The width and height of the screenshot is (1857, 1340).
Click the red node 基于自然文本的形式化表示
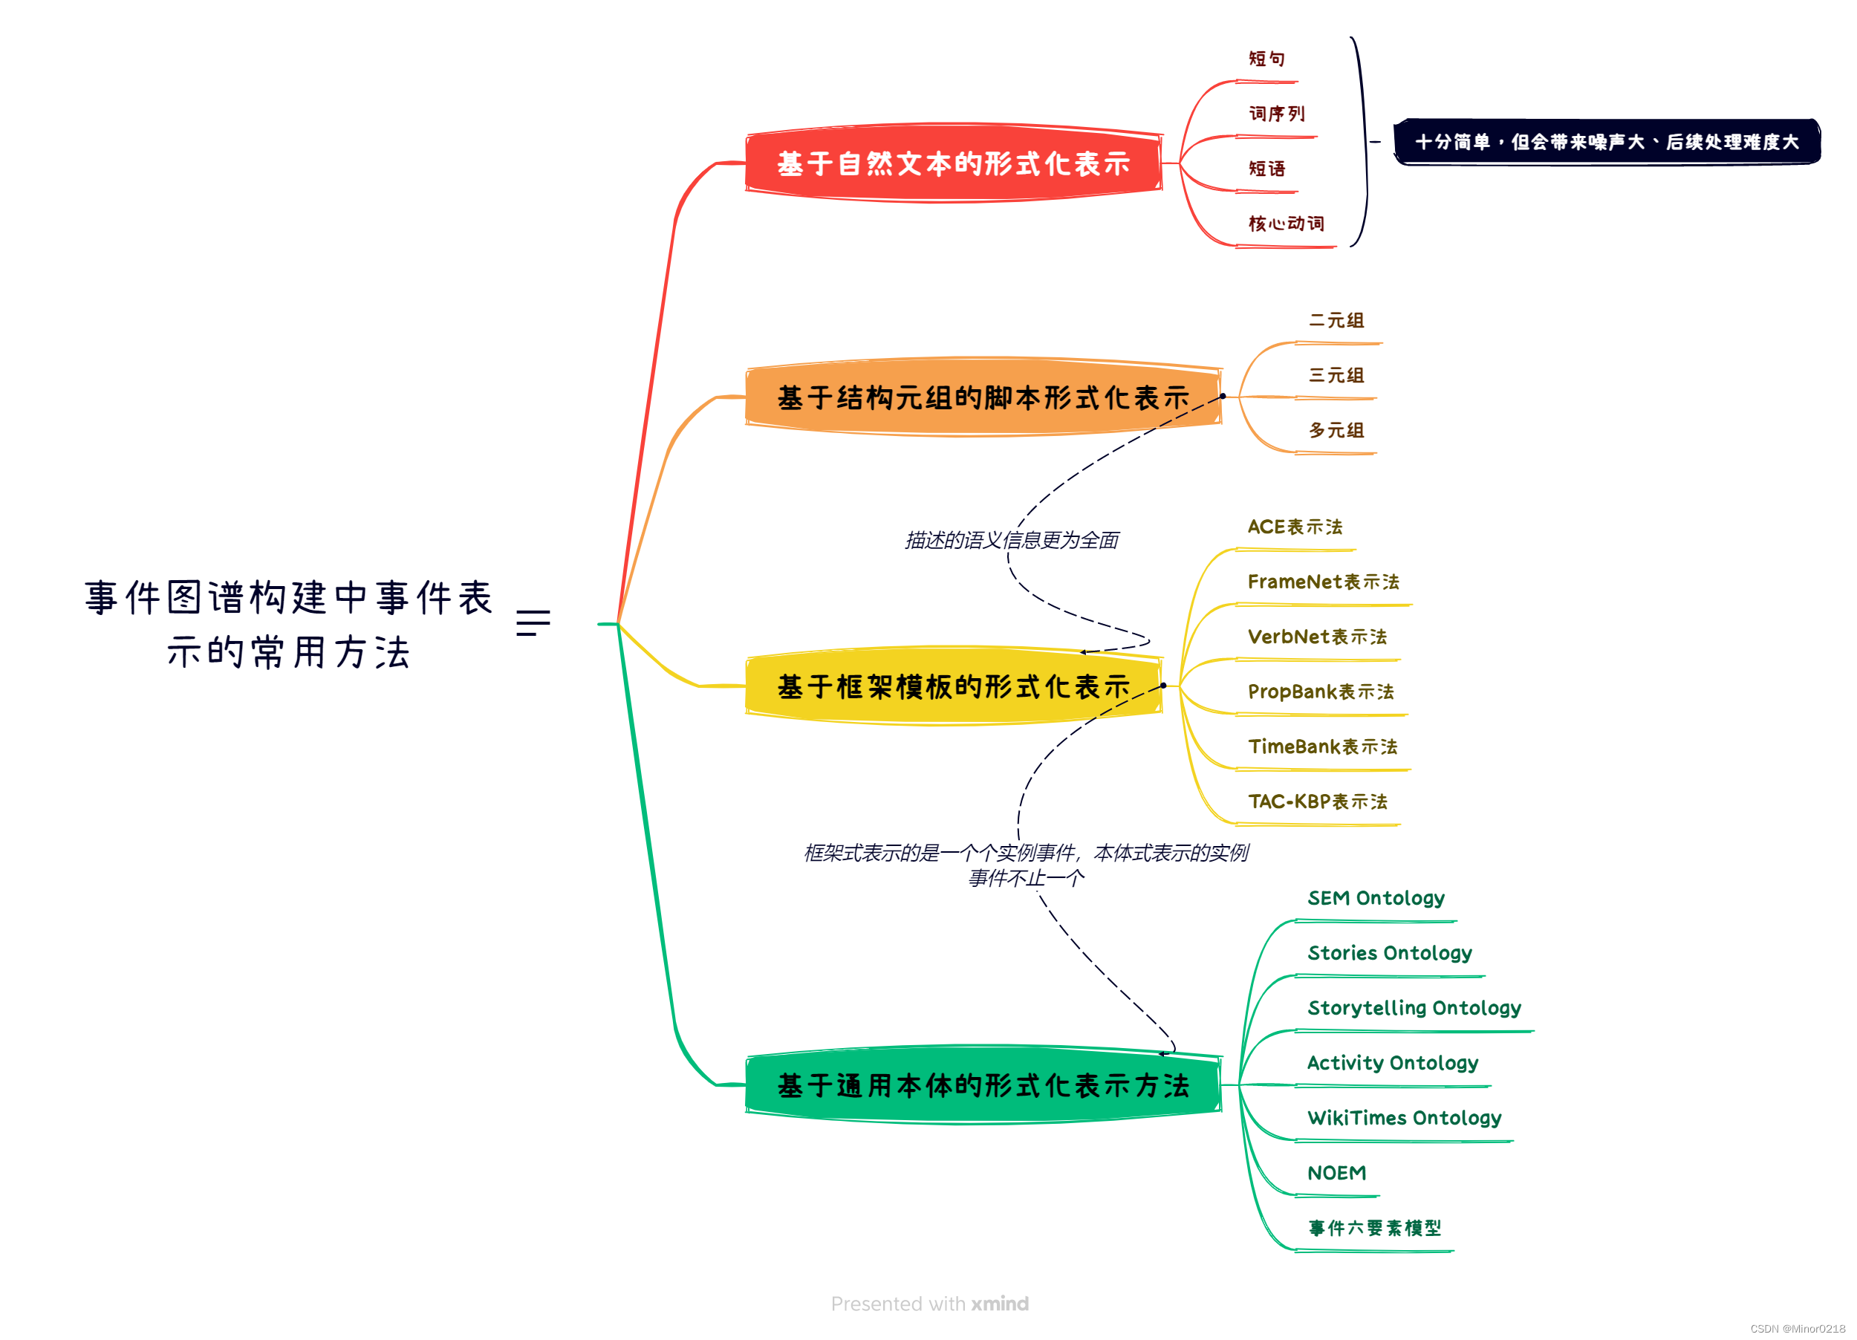[953, 163]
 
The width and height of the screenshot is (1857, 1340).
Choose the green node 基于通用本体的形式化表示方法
[983, 1085]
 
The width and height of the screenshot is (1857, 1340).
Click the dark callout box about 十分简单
[1607, 142]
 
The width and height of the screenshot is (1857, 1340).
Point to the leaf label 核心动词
[1286, 224]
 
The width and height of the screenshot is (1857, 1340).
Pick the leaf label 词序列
[1275, 114]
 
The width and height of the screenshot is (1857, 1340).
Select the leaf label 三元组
[1336, 375]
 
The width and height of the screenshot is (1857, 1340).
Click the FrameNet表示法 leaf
[1323, 582]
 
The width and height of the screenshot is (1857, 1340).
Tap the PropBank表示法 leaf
[1320, 692]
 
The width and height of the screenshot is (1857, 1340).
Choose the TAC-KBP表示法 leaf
[1318, 801]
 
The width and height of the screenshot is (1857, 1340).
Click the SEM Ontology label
[1376, 898]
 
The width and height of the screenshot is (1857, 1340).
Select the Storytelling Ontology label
[1414, 1008]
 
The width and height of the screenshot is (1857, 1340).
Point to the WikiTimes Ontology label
[1404, 1117]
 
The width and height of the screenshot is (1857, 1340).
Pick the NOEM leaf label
[1336, 1173]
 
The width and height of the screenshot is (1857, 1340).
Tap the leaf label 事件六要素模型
[1374, 1228]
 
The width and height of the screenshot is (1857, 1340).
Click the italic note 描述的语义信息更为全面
[1011, 540]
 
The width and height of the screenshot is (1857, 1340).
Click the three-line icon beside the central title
[533, 623]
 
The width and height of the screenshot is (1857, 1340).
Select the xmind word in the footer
[1000, 1304]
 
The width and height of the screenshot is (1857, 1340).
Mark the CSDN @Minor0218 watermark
[1798, 1329]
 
